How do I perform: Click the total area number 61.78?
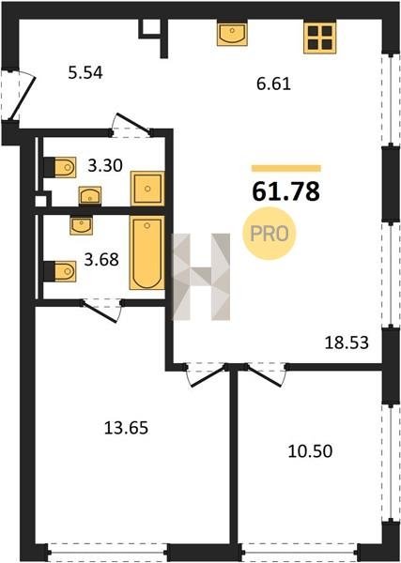[285, 191]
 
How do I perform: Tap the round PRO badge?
[270, 234]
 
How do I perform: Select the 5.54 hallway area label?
[85, 73]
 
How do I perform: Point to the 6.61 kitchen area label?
[273, 84]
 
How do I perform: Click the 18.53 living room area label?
[347, 342]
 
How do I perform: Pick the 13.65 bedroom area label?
[126, 428]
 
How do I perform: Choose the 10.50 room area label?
[310, 451]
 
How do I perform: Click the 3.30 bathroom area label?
[105, 166]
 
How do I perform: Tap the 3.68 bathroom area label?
[101, 260]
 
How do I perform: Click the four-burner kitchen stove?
[320, 38]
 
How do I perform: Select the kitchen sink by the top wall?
[232, 35]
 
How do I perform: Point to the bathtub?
[147, 252]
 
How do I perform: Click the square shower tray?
[147, 189]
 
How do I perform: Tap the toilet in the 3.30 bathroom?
[60, 167]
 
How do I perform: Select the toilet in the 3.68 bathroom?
[60, 271]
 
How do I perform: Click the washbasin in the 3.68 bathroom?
[81, 225]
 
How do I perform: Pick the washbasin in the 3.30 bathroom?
[90, 196]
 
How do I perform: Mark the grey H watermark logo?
[202, 277]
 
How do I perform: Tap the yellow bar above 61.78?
[286, 168]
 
